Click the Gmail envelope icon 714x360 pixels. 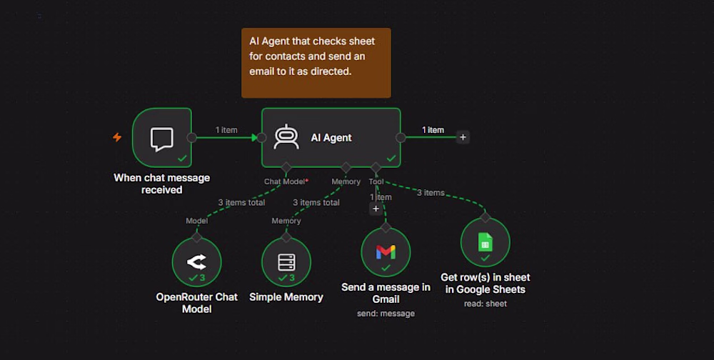click(x=386, y=251)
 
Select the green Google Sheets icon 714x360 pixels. click(x=486, y=242)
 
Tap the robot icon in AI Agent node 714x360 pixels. click(x=286, y=136)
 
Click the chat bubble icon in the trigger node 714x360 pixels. click(x=161, y=139)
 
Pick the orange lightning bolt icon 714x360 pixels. click(x=117, y=137)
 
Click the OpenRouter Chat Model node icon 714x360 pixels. click(x=197, y=261)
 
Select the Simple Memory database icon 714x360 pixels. click(x=286, y=262)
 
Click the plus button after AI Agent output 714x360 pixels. click(x=463, y=137)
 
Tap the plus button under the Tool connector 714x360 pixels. click(x=376, y=209)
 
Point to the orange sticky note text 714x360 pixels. click(x=312, y=56)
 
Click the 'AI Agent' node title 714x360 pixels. click(x=331, y=138)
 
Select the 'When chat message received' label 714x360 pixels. click(x=161, y=184)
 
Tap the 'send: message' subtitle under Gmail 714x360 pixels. click(x=386, y=314)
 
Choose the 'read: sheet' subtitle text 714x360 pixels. click(x=486, y=304)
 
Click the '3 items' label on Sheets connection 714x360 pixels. click(x=431, y=193)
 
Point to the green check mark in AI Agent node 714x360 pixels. click(x=391, y=158)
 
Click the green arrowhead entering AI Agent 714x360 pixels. click(x=255, y=137)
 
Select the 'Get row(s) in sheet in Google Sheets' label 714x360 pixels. click(x=486, y=283)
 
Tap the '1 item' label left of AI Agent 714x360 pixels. click(x=226, y=130)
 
